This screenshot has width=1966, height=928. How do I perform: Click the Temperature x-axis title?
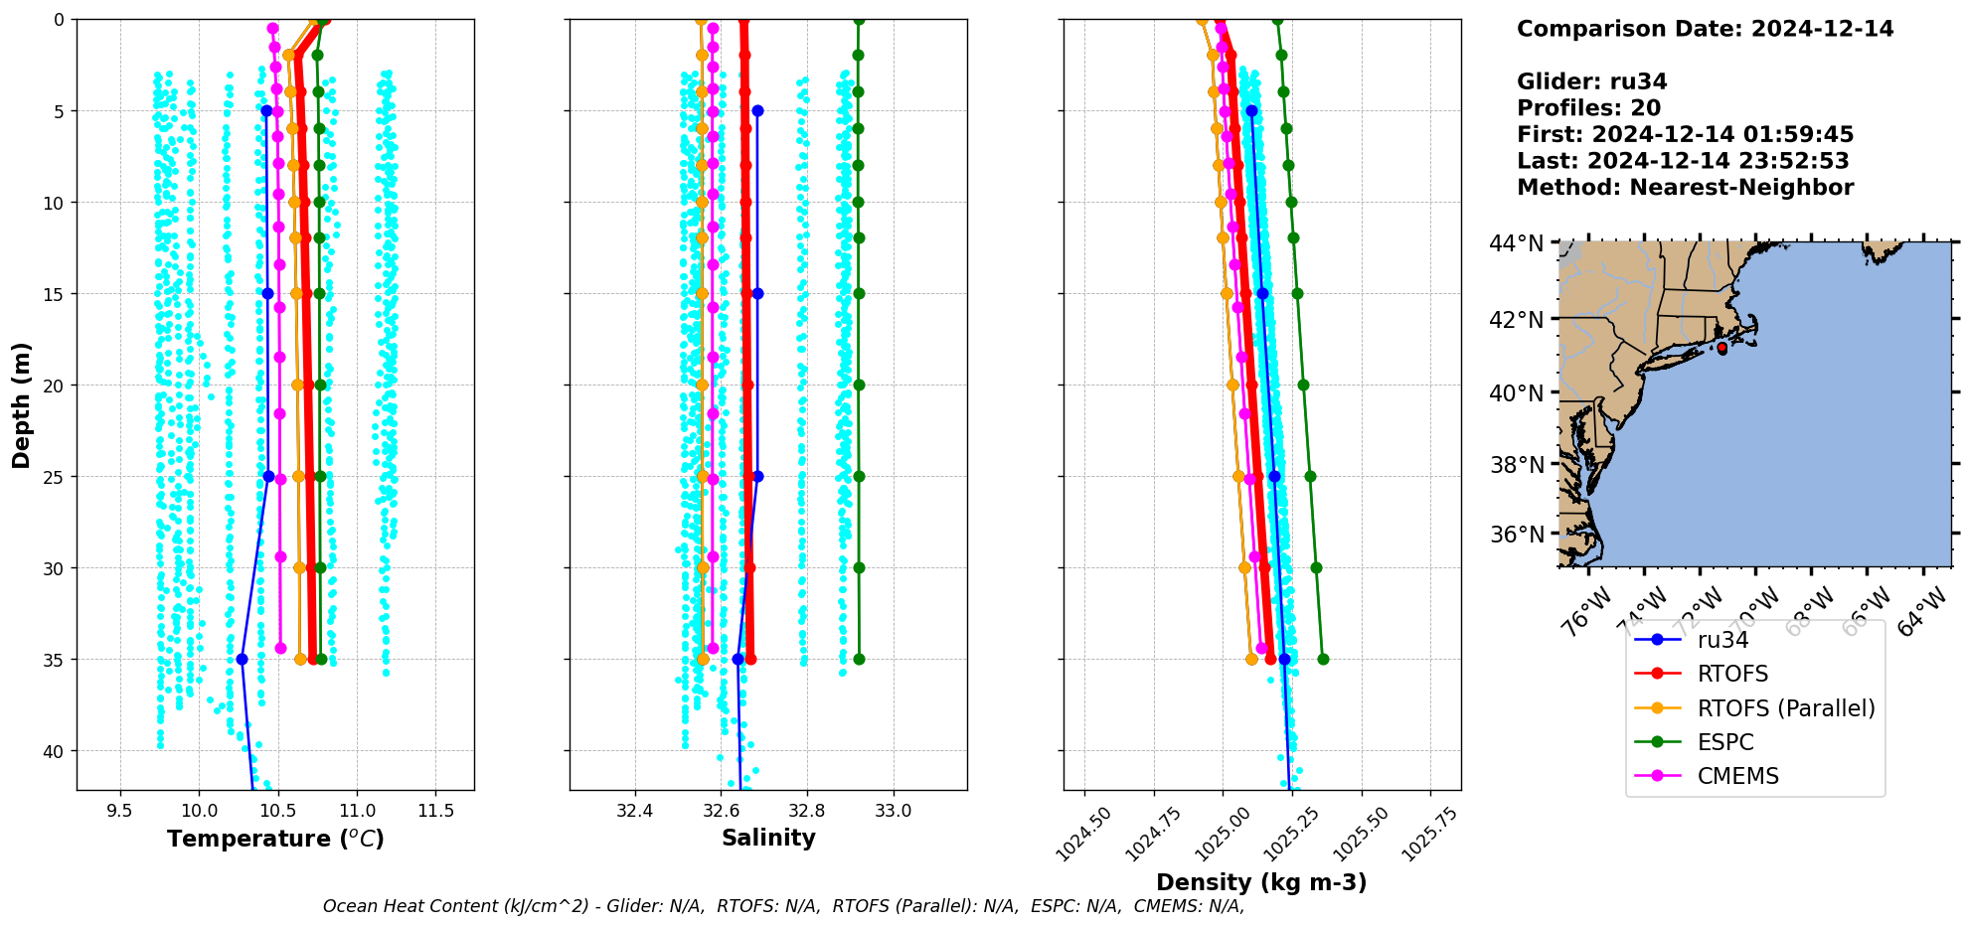click(x=275, y=839)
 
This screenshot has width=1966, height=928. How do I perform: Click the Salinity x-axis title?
click(x=768, y=838)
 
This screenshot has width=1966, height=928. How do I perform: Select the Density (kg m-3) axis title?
click(x=1261, y=882)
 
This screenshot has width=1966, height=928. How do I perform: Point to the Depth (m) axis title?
click(x=21, y=404)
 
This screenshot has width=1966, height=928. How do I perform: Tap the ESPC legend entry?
click(x=1724, y=742)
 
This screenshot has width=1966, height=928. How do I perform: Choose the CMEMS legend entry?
click(x=1737, y=776)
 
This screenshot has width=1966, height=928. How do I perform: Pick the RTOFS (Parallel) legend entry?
click(x=1785, y=708)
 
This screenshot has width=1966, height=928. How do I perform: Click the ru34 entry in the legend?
click(x=1722, y=640)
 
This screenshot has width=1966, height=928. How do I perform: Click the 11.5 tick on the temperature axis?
click(x=435, y=811)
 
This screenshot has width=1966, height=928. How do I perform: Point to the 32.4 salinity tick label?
click(x=634, y=811)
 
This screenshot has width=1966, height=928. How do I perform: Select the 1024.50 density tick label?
click(x=1082, y=834)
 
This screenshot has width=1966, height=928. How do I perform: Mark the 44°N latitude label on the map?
click(x=1516, y=243)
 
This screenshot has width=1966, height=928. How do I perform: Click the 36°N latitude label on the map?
click(x=1516, y=535)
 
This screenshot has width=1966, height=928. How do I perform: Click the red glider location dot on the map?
click(x=1722, y=348)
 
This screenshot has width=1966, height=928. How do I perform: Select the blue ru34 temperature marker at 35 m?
click(x=242, y=659)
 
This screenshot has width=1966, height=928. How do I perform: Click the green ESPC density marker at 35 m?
click(x=1323, y=659)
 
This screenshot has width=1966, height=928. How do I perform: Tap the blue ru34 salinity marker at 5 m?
click(x=757, y=110)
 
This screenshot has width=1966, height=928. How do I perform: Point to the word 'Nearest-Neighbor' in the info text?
click(x=1741, y=188)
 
